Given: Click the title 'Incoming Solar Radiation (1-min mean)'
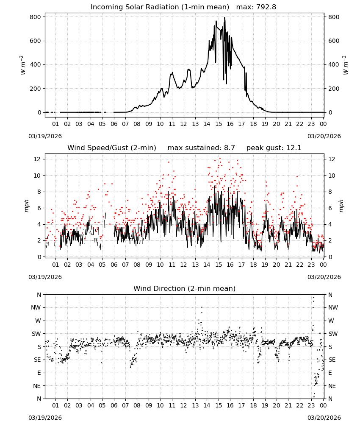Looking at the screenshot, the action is pyautogui.click(x=160, y=7).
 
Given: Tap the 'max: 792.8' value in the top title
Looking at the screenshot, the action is pyautogui.click(x=256, y=7).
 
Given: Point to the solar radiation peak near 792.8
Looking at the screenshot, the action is pyautogui.click(x=225, y=18).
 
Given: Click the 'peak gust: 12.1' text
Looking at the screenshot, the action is pyautogui.click(x=274, y=148).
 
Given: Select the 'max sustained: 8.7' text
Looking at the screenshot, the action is pyautogui.click(x=201, y=148).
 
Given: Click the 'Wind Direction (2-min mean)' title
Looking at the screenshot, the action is pyautogui.click(x=185, y=288).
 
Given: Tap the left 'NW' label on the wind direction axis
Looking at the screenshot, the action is pyautogui.click(x=36, y=308).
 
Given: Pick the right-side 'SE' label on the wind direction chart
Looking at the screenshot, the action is pyautogui.click(x=332, y=360).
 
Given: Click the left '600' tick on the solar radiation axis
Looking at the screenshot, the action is pyautogui.click(x=36, y=41).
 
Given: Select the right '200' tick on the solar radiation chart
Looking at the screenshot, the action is pyautogui.click(x=334, y=89).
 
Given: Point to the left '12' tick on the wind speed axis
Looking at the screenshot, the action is pyautogui.click(x=37, y=159).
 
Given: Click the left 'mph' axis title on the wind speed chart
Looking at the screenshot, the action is pyautogui.click(x=26, y=206).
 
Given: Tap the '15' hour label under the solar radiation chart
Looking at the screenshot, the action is pyautogui.click(x=219, y=124).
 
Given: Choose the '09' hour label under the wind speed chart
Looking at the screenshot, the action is pyautogui.click(x=149, y=265).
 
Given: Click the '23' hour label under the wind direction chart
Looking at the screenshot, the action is pyautogui.click(x=311, y=405).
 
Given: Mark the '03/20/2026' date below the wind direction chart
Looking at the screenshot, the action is pyautogui.click(x=324, y=418).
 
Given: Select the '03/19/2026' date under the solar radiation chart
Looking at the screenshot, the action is pyautogui.click(x=45, y=136).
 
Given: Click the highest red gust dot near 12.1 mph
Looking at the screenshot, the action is pyautogui.click(x=220, y=159).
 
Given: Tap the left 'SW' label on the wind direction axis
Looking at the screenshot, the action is pyautogui.click(x=36, y=334).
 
